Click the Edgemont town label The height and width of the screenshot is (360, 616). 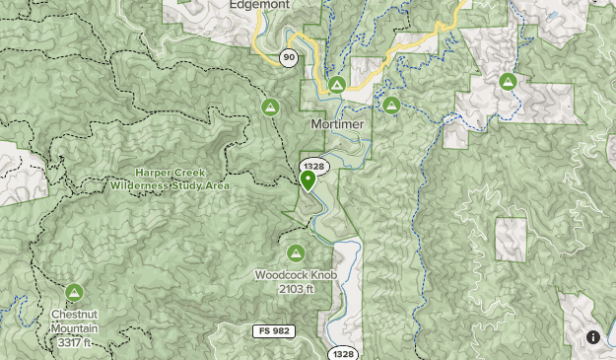click(x=260, y=5)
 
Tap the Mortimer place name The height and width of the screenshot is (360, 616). click(x=337, y=125)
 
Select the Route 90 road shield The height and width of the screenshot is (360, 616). click(x=288, y=57)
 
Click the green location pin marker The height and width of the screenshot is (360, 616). click(x=308, y=180)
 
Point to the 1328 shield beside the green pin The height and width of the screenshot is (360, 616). click(x=313, y=166)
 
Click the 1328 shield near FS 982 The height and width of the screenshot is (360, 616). click(x=342, y=353)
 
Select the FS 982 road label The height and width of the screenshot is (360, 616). click(x=273, y=330)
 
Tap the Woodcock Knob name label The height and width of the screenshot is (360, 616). click(x=296, y=274)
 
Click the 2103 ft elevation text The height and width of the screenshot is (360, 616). click(x=296, y=288)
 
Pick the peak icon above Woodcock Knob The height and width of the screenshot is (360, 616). click(x=296, y=253)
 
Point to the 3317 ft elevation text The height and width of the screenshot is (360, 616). click(x=74, y=342)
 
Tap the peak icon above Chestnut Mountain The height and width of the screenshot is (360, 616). click(x=74, y=292)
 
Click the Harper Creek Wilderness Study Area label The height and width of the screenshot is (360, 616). click(x=170, y=179)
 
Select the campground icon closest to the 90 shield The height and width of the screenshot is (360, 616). click(x=337, y=85)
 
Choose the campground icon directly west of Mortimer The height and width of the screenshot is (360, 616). click(x=270, y=106)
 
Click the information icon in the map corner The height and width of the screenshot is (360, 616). click(x=593, y=337)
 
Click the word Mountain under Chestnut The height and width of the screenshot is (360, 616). click(x=74, y=328)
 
